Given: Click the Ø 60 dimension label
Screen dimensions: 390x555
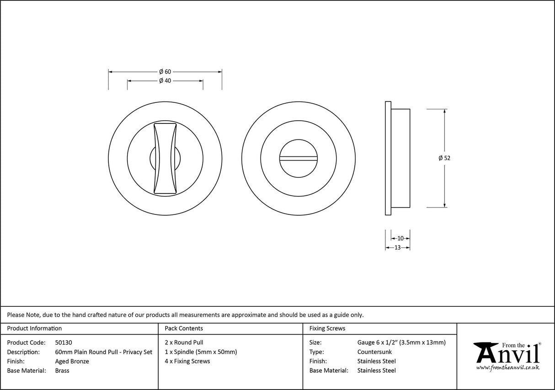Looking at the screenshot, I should pos(165,72).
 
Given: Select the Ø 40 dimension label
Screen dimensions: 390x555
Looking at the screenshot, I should pos(165,81).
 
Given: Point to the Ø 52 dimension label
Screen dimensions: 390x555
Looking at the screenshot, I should pos(444,158).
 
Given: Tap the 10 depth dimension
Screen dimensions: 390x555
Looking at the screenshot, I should pos(400,238).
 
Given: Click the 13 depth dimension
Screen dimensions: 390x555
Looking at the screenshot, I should pos(397,247).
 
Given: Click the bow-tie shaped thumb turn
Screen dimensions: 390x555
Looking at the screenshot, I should pos(165,158).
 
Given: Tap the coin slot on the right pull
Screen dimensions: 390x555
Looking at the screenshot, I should pos(299,159).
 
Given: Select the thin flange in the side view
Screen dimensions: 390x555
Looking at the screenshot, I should pos(388,158).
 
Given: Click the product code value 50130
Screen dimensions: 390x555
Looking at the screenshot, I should pos(64,342).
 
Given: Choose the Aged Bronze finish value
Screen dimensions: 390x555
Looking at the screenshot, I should pos(72,361).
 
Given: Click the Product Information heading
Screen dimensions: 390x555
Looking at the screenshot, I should pos(34,328).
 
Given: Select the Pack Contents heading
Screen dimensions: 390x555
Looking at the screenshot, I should pos(183,328).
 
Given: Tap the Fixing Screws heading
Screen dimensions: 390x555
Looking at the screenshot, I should pos(327,328).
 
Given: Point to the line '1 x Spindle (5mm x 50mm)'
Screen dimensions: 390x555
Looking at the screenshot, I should pos(201,352).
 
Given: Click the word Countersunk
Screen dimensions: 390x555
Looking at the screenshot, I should pos(374,352).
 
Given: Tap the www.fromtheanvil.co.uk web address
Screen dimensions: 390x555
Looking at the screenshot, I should pos(507,368).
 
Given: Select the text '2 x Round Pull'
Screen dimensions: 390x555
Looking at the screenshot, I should pos(184,342).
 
